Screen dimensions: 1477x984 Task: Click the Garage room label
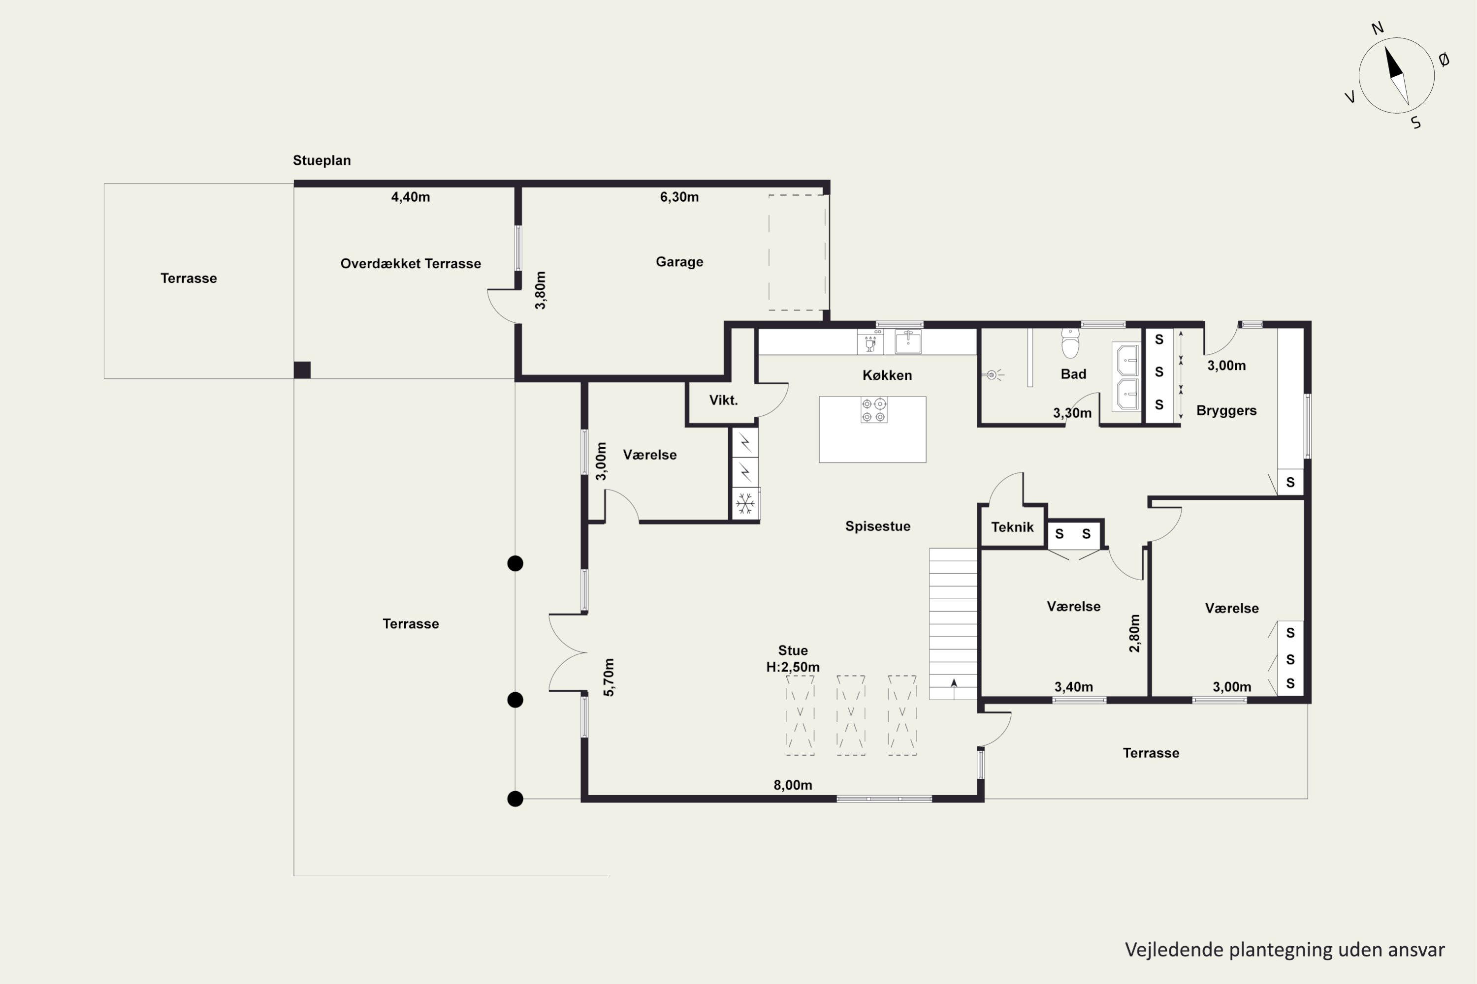tap(679, 262)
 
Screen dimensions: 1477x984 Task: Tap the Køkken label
tap(887, 375)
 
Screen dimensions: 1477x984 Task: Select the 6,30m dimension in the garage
tap(679, 197)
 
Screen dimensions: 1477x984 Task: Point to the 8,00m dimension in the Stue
tap(793, 785)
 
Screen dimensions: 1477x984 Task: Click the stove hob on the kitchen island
tap(873, 410)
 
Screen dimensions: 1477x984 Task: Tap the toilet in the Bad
tap(1070, 342)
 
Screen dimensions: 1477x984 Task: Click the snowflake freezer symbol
tap(745, 503)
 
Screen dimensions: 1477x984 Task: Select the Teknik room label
tap(1012, 527)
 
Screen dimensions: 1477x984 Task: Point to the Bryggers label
tap(1226, 411)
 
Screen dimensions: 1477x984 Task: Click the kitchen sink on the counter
tap(908, 342)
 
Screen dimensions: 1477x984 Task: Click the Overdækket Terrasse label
tap(411, 264)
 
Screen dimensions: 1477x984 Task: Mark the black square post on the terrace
tap(302, 369)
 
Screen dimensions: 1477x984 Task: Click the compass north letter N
tap(1377, 28)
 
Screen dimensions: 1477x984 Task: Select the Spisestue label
tap(878, 526)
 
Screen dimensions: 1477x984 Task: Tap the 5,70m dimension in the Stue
tap(609, 677)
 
